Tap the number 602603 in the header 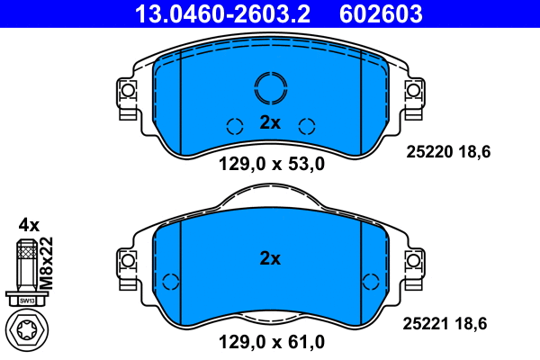[380, 13]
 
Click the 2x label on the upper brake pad [270, 123]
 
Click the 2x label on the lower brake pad [270, 258]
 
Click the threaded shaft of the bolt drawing [26, 265]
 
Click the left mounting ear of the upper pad [127, 91]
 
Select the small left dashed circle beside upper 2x [234, 126]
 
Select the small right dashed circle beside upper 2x [306, 126]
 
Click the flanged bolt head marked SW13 [26, 299]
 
